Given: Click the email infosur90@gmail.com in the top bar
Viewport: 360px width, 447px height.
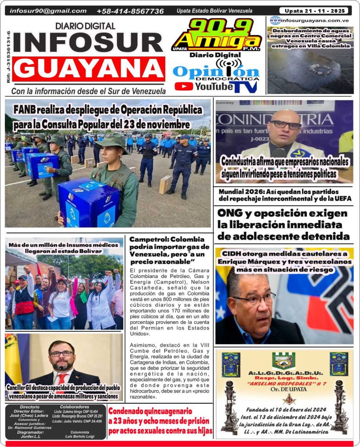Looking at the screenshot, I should point(48,11).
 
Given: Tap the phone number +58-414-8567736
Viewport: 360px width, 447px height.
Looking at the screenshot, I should point(130,11).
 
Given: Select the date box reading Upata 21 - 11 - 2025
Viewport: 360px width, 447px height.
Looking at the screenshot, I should point(313,10).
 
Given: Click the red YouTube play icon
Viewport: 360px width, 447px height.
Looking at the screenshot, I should point(184,86).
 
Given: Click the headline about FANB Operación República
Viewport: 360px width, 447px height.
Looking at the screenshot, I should point(102,117).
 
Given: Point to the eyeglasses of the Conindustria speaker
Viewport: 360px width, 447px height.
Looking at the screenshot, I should point(286,125).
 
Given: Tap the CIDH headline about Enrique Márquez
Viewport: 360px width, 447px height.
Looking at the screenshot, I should point(285,261).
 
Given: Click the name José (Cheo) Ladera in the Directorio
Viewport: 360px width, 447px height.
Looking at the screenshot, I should point(30,416).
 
